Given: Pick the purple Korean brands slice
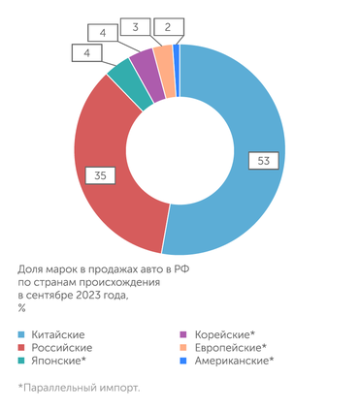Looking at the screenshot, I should pos(143,66).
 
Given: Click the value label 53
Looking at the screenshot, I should pos(260,160).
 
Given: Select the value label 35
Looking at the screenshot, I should pos(100,174).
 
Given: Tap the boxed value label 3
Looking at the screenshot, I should pos(140,27).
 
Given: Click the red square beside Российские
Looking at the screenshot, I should pos(21,347).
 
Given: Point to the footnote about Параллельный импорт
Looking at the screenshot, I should pos(78,387).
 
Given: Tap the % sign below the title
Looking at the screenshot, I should pos(21,308).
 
